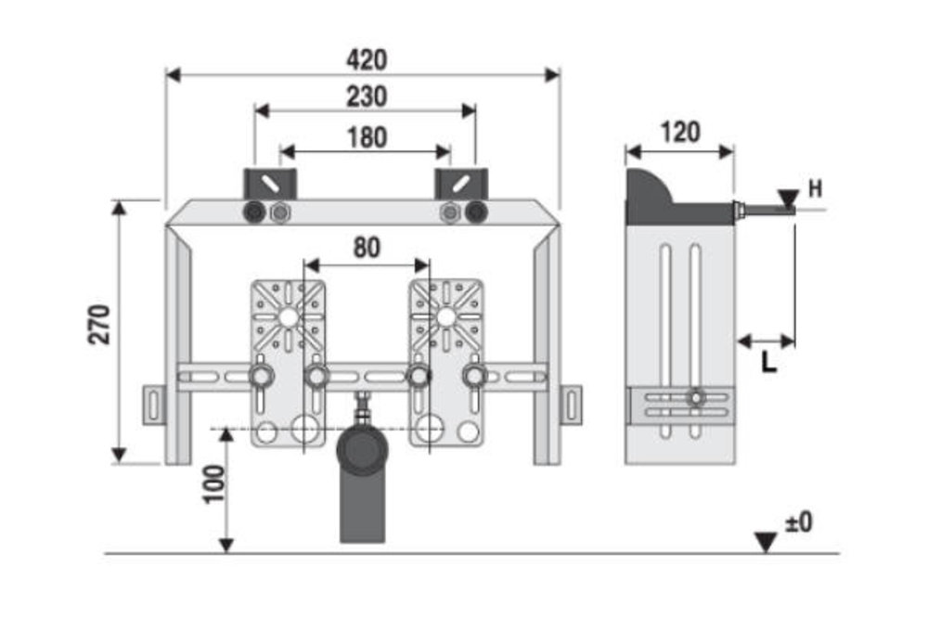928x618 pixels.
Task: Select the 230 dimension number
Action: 367,96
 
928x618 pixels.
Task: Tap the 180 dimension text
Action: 367,137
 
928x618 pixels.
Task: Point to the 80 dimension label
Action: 367,248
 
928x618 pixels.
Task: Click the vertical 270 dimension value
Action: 99,324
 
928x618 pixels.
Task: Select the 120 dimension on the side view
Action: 680,132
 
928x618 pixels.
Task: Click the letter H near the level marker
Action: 815,189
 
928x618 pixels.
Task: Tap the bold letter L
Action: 768,363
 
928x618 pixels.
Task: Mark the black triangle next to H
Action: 788,198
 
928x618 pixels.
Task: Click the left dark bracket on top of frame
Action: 269,183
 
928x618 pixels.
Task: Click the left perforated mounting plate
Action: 288,362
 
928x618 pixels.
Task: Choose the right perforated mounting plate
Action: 445,362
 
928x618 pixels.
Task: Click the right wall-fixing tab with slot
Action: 572,406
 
